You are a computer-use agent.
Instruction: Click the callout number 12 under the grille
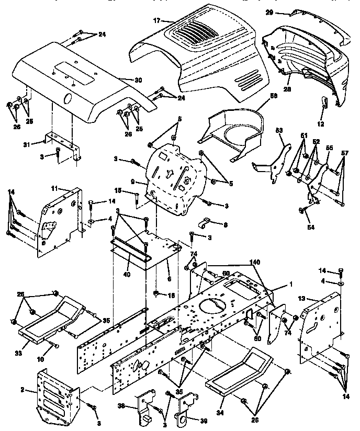tap(321, 124)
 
